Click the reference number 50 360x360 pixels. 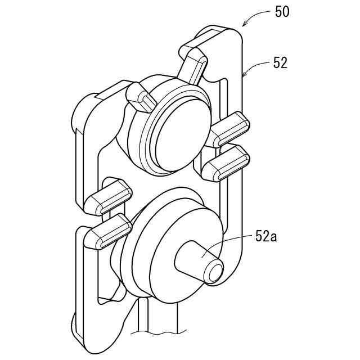(282, 11)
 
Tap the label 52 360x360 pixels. (280, 63)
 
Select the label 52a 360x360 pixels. (266, 236)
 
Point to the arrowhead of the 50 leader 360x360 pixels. (244, 25)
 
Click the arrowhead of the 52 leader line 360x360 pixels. (244, 75)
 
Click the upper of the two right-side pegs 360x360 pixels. (231, 128)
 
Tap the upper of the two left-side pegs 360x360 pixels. (110, 197)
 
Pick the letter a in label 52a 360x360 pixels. (274, 236)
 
